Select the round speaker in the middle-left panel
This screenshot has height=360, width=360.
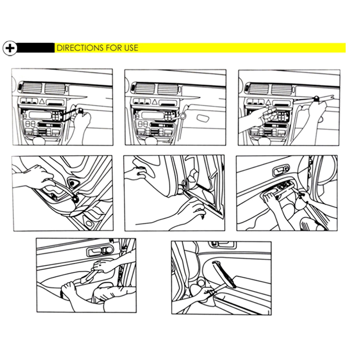tap(73, 183)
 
